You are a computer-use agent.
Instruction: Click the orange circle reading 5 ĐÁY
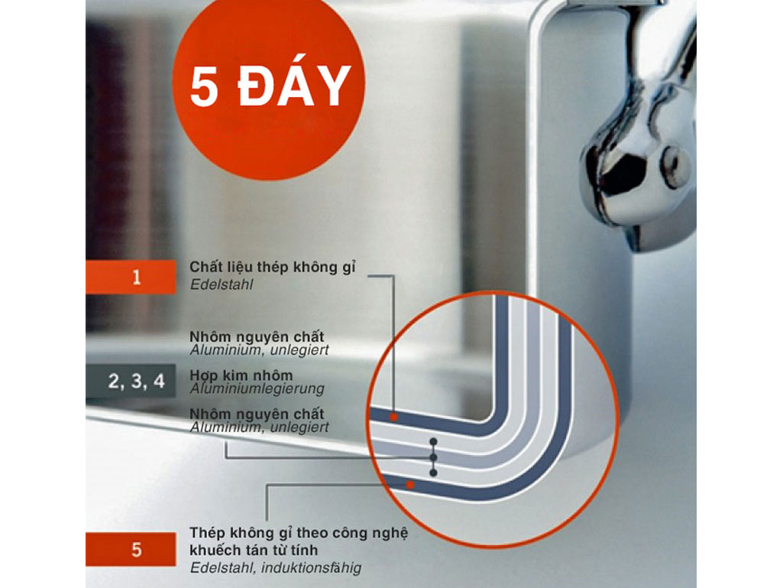[x=268, y=85]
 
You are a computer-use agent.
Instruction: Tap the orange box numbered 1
[x=131, y=277]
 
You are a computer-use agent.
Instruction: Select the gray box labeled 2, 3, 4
[x=131, y=381]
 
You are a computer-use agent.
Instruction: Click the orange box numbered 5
[x=131, y=549]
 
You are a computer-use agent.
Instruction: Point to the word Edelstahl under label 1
[x=222, y=284]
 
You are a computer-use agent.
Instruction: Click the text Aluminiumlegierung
[x=257, y=388]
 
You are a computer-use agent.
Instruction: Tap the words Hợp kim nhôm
[x=241, y=375]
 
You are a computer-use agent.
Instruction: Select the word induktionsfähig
[x=311, y=568]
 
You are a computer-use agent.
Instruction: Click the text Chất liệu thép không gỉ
[x=273, y=267]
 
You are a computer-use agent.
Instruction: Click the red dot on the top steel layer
[x=393, y=417]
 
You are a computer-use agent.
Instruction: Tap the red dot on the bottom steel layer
[x=410, y=485]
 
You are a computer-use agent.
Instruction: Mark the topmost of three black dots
[x=433, y=442]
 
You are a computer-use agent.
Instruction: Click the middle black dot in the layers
[x=433, y=457]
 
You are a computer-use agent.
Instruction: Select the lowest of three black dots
[x=433, y=473]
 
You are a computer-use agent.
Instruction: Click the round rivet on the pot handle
[x=676, y=164]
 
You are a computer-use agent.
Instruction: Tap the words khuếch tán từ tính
[x=254, y=550]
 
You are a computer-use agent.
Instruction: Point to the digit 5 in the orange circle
[x=204, y=87]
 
